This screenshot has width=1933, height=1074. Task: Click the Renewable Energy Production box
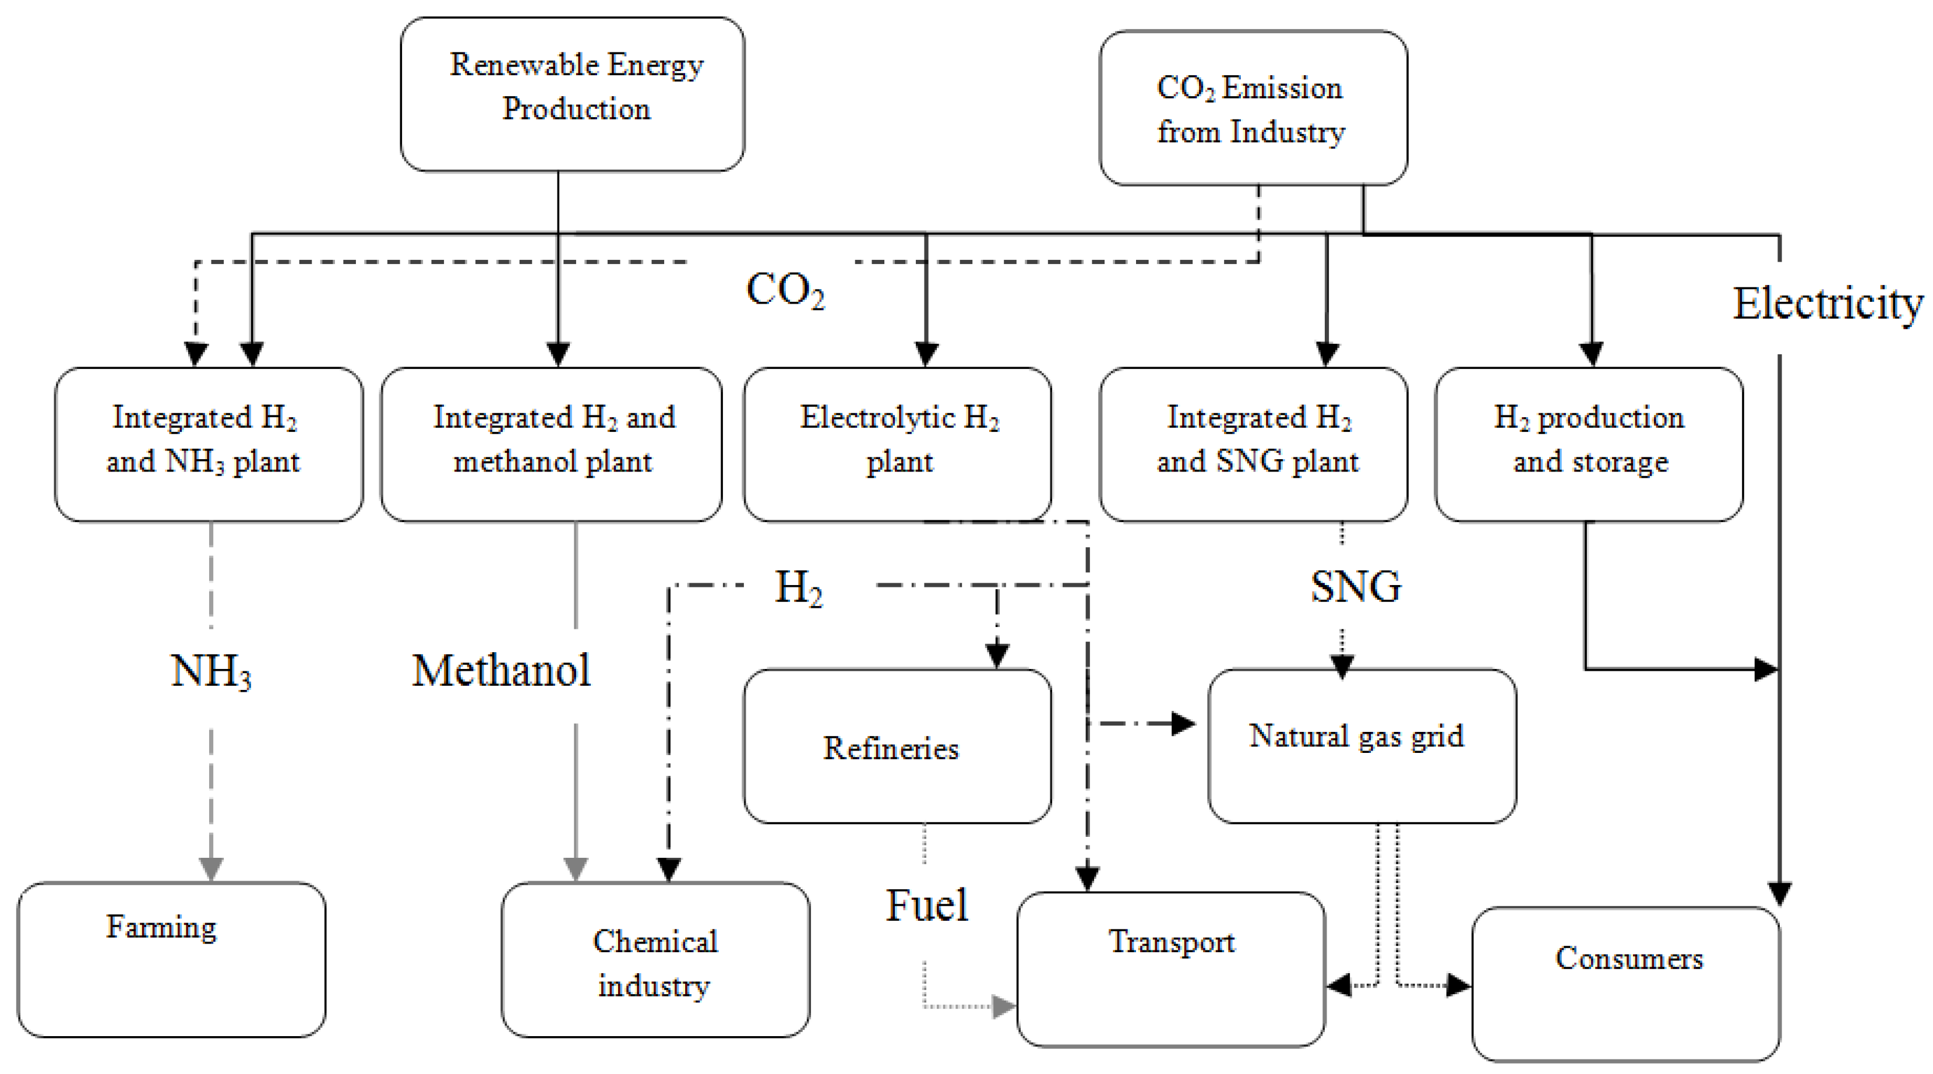(573, 94)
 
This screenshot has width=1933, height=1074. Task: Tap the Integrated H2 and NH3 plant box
(209, 444)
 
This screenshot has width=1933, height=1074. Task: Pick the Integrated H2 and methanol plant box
(552, 444)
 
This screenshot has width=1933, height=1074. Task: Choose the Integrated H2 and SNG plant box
(1253, 444)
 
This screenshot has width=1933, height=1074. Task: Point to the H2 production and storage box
(1588, 444)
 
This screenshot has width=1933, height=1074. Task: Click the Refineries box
(897, 746)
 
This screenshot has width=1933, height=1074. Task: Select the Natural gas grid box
(1361, 746)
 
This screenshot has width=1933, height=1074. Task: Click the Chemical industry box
(655, 961)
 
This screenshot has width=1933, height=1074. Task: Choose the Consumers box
(1625, 983)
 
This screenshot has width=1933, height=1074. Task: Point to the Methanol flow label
(501, 670)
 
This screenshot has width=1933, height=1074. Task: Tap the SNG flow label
(1355, 586)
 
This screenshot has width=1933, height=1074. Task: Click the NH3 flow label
(211, 670)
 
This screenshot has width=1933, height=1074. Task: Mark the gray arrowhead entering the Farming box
(211, 868)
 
